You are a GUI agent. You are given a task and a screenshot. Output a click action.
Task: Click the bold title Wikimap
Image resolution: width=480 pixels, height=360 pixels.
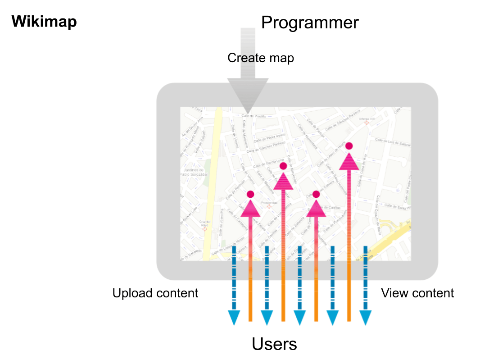click(44, 22)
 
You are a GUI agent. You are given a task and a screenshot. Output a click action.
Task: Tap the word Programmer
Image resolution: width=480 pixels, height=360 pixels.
click(310, 23)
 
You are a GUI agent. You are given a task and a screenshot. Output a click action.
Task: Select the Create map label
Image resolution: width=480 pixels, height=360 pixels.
click(260, 58)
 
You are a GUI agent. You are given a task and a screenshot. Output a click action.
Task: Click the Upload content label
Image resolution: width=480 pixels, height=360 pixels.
click(155, 293)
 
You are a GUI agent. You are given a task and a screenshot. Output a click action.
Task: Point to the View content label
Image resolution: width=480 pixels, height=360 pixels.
click(417, 293)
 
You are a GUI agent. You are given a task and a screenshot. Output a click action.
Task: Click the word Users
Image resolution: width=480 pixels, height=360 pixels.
click(274, 344)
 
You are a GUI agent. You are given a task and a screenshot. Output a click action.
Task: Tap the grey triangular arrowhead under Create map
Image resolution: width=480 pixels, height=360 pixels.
click(248, 95)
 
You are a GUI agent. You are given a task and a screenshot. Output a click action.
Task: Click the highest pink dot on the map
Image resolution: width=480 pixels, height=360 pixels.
click(349, 146)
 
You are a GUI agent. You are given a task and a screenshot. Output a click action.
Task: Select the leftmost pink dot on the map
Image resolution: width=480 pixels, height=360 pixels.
click(250, 194)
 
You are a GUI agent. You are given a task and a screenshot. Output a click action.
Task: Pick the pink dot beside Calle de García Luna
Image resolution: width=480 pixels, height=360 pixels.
click(283, 166)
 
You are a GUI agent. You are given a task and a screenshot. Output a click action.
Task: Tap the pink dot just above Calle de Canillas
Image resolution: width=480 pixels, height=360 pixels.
click(316, 194)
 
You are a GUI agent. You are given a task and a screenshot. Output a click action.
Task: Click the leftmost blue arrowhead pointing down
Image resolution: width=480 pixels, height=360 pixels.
click(234, 318)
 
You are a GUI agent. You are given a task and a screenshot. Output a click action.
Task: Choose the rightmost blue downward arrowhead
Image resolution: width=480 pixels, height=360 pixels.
click(365, 318)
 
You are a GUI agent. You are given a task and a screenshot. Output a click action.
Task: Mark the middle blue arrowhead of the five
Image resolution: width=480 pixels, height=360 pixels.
click(299, 318)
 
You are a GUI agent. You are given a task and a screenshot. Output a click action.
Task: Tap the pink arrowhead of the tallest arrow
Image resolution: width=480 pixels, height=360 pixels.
click(349, 161)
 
